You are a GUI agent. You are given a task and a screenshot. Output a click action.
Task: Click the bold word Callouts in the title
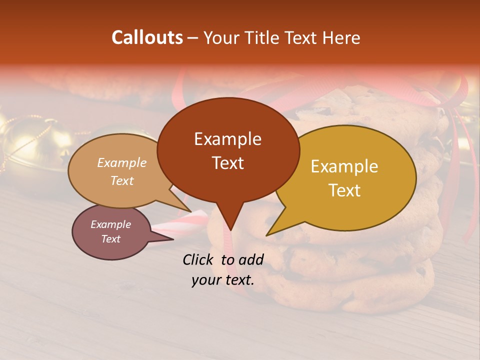[x=147, y=38]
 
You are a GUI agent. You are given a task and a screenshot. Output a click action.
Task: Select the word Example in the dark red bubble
[x=227, y=139]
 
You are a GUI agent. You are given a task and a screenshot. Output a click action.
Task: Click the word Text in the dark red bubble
[x=227, y=162]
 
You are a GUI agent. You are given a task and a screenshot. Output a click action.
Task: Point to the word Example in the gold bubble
[x=344, y=166]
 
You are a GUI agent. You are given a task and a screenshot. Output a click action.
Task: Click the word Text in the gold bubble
[x=344, y=190]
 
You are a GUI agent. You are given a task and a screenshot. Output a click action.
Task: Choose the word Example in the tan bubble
[x=121, y=162]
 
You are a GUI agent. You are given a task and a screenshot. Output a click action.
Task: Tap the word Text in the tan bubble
[x=121, y=180]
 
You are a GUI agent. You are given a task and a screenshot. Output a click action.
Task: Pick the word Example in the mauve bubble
[x=110, y=224]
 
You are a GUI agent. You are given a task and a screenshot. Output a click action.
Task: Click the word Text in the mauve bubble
[x=110, y=239]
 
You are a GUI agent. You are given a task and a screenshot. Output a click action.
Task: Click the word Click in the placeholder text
[x=199, y=259]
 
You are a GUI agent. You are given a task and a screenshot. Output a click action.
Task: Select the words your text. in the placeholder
[x=223, y=280]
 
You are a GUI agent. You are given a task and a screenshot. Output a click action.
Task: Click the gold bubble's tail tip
[x=267, y=234]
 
